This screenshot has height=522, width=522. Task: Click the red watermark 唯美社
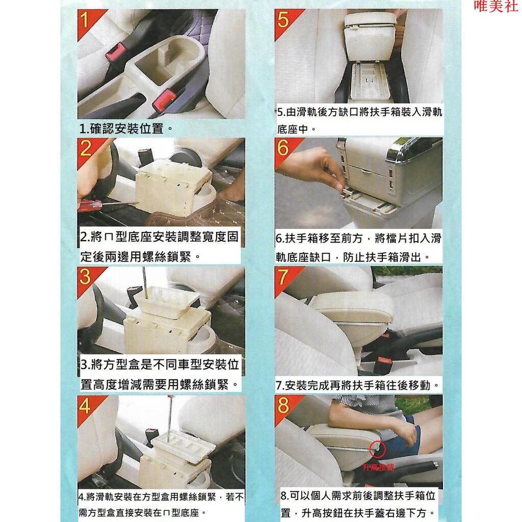click(495, 6)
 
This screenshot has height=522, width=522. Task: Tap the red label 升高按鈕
click(378, 467)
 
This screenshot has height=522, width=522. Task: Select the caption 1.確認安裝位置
click(126, 128)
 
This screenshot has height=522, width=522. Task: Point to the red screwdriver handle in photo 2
click(89, 205)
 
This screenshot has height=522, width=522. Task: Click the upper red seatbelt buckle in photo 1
click(116, 53)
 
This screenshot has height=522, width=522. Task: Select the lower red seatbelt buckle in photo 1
click(164, 100)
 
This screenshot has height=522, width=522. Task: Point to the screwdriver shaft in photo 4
click(170, 420)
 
